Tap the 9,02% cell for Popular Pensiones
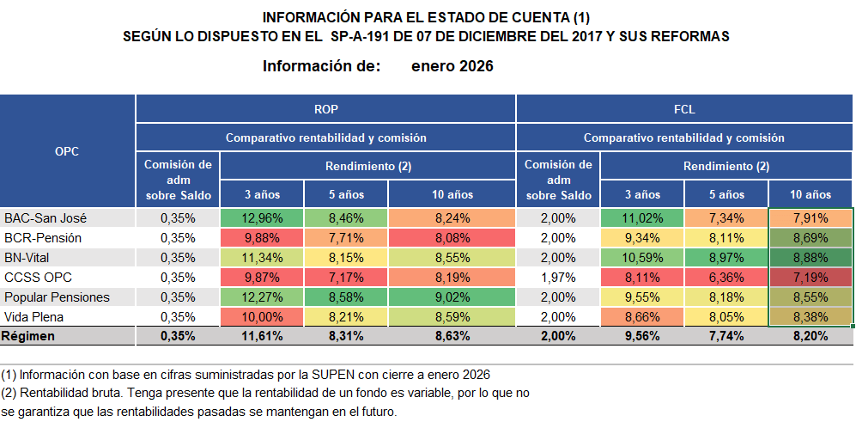[452, 297]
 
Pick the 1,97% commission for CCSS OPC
[558, 277]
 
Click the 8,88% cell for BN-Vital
[810, 257]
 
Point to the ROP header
[325, 109]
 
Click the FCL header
[684, 109]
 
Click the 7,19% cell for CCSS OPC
[810, 277]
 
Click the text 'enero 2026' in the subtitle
[452, 66]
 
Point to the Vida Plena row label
[33, 316]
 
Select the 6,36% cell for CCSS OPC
[726, 277]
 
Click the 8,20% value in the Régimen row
[810, 336]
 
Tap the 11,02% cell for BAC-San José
[642, 217]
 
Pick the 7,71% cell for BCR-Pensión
[346, 237]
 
